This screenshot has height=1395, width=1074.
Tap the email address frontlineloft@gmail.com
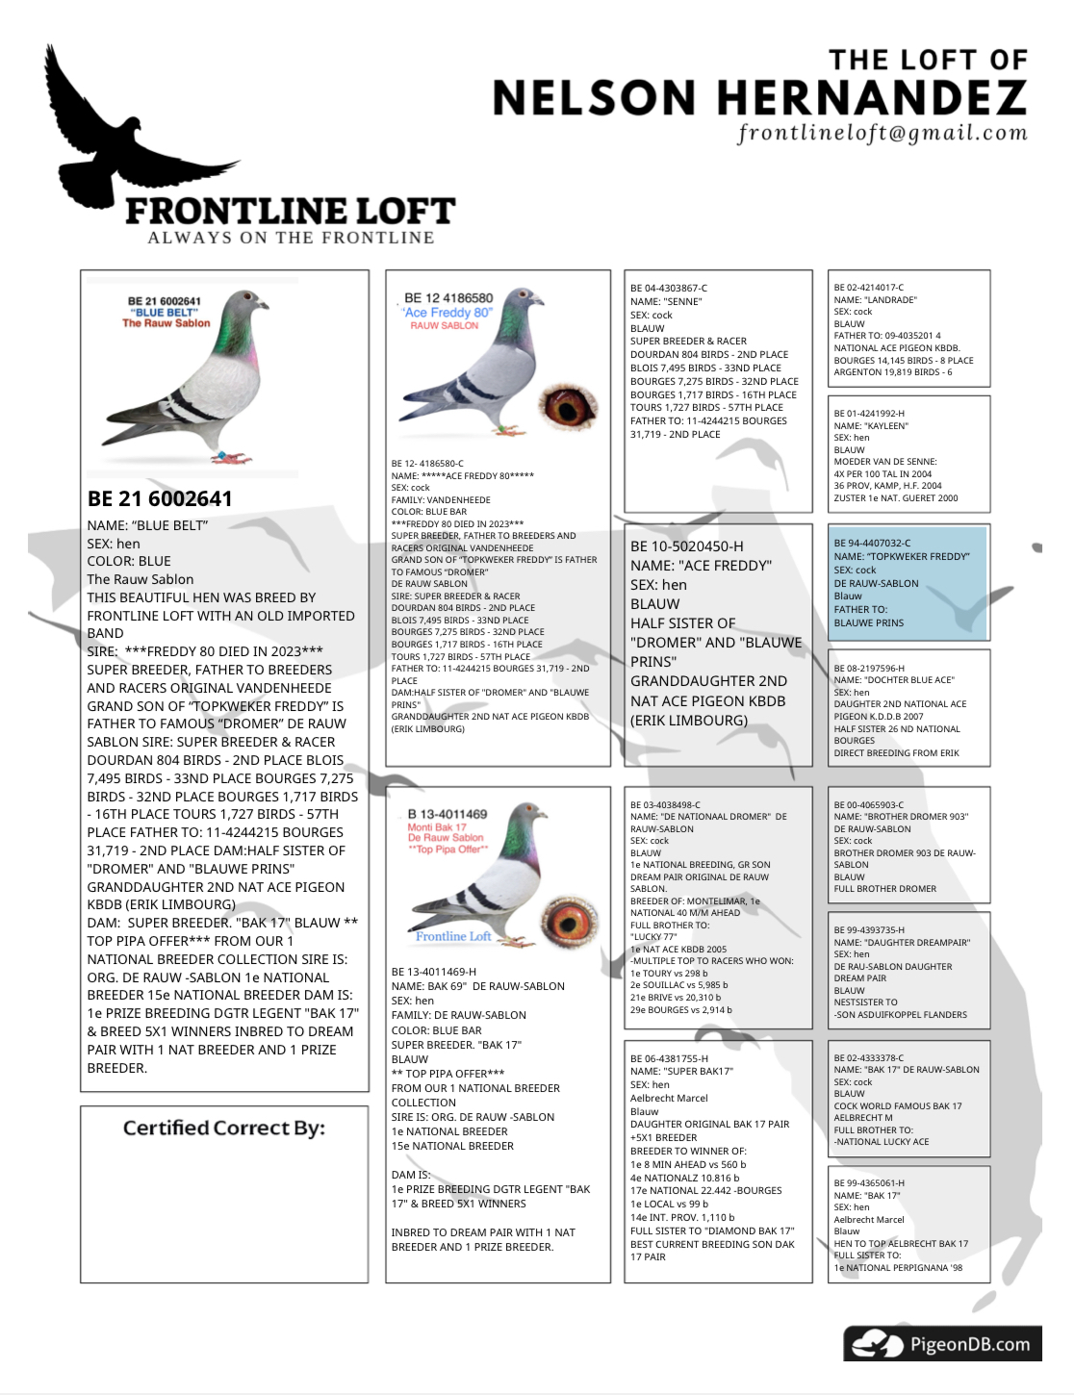(882, 133)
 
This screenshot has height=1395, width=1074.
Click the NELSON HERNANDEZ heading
(759, 98)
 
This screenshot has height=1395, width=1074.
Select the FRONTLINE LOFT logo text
(290, 211)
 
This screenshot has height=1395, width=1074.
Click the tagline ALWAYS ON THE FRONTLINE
(291, 238)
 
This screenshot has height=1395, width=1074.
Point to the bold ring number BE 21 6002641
(160, 498)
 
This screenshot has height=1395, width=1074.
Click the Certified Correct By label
(224, 1128)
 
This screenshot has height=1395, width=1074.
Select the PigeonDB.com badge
(942, 1344)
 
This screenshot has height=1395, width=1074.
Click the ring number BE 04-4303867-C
(669, 288)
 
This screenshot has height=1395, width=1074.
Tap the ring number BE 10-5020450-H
(687, 545)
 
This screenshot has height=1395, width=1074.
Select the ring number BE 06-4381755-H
(669, 1058)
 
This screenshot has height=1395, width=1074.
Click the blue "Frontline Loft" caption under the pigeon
(453, 936)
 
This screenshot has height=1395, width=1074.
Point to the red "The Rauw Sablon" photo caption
(166, 323)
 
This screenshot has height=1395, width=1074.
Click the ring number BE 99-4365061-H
(869, 1183)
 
